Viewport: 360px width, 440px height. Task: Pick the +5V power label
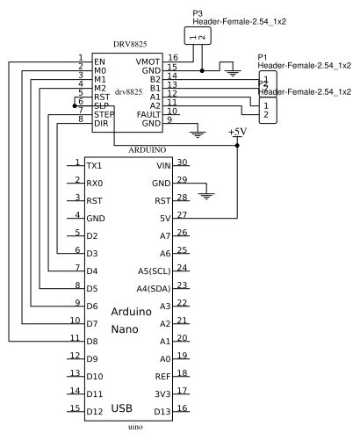[237, 132]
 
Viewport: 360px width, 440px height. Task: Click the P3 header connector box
[198, 36]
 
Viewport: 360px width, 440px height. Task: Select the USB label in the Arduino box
[122, 409]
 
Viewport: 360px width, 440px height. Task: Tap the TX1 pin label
[95, 166]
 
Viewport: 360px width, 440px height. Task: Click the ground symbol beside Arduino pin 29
[206, 194]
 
